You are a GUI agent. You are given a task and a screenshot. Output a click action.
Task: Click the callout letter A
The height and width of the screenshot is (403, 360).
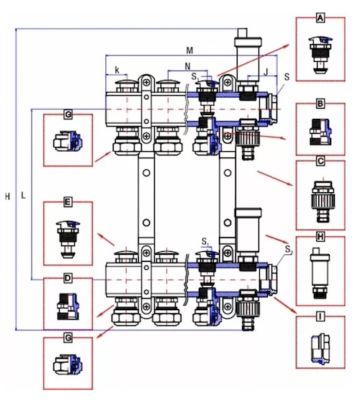coord(320,18)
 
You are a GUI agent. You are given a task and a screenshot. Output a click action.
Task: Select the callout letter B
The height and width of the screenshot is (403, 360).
coord(320,104)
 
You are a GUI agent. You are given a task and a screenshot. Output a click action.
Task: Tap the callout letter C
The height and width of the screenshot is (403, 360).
coord(320,161)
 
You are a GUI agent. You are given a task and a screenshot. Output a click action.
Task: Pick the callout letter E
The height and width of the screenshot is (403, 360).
coord(68,202)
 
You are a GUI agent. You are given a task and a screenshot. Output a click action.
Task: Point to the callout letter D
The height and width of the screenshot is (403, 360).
coord(68,278)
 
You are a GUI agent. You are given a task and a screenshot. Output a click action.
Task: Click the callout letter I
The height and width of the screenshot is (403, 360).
coord(320,317)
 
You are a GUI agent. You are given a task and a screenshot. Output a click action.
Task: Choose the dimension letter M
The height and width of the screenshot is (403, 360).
coord(189,50)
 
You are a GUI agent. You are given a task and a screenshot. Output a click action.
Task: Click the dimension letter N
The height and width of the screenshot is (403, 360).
coord(188,66)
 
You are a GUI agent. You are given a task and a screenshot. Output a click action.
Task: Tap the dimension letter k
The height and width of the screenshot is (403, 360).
coord(117,70)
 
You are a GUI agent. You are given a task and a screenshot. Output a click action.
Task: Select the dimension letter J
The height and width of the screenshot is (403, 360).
coord(266,72)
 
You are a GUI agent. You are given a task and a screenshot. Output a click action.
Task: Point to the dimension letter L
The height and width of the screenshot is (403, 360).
coord(23,195)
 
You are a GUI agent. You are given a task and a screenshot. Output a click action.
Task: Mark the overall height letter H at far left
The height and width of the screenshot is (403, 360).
coord(7,196)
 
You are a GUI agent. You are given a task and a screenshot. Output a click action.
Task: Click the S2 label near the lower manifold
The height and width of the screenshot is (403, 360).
coord(289,249)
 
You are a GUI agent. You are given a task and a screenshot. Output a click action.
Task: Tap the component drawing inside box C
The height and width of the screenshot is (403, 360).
coord(323,200)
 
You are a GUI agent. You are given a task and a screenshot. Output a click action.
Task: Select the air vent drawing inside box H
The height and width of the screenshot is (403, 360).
coord(320,273)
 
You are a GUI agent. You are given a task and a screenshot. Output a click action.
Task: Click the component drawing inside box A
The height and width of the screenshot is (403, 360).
coord(320,55)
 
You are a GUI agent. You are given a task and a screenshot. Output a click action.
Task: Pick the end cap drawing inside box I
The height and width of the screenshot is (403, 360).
coord(321,349)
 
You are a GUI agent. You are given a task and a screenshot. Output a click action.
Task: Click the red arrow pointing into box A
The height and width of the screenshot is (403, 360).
coord(254,60)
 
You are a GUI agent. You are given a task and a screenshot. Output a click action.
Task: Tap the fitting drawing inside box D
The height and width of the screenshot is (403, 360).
coord(68,307)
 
